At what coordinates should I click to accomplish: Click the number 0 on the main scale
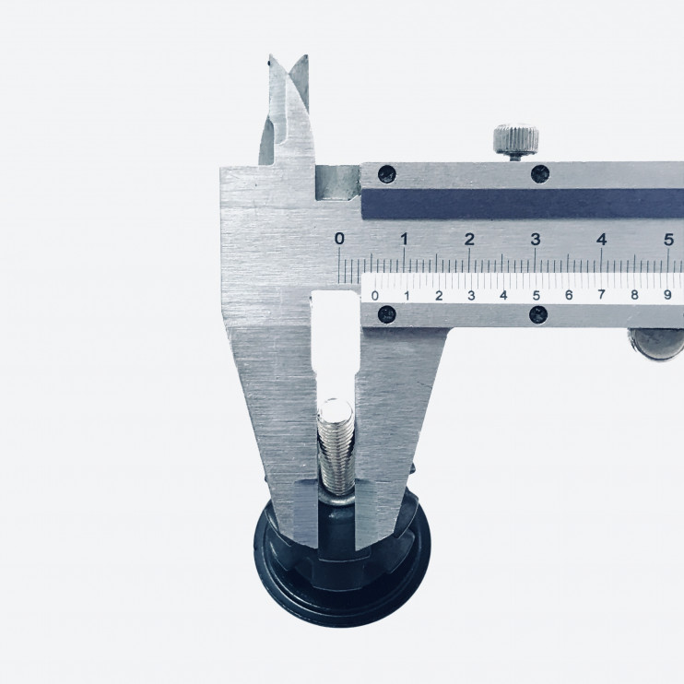(x=339, y=239)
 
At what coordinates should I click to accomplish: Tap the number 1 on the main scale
(x=405, y=239)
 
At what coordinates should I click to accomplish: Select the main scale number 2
(x=469, y=239)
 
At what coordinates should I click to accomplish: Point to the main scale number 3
(x=536, y=239)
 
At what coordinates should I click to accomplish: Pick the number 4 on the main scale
(x=602, y=239)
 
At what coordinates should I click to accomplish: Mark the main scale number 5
(x=668, y=240)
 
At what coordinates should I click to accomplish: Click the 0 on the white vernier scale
(x=374, y=296)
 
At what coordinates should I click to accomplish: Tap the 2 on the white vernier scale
(x=439, y=296)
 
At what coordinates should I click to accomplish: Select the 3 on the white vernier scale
(x=471, y=296)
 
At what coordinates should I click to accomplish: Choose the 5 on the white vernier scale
(x=537, y=295)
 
